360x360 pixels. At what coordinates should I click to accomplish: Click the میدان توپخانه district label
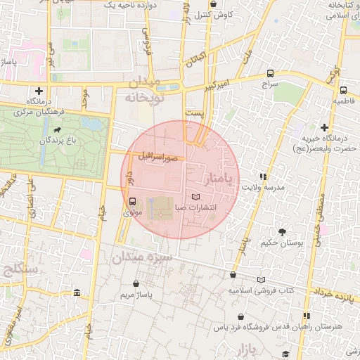[144, 91]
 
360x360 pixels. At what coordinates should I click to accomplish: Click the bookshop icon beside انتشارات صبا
[195, 196]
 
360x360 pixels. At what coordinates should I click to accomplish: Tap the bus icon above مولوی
[133, 202]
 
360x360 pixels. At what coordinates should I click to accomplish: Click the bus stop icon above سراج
[271, 73]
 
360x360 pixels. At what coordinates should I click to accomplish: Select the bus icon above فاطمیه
[343, 91]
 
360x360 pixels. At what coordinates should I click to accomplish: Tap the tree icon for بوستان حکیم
[282, 231]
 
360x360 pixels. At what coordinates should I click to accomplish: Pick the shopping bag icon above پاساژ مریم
[136, 283]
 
